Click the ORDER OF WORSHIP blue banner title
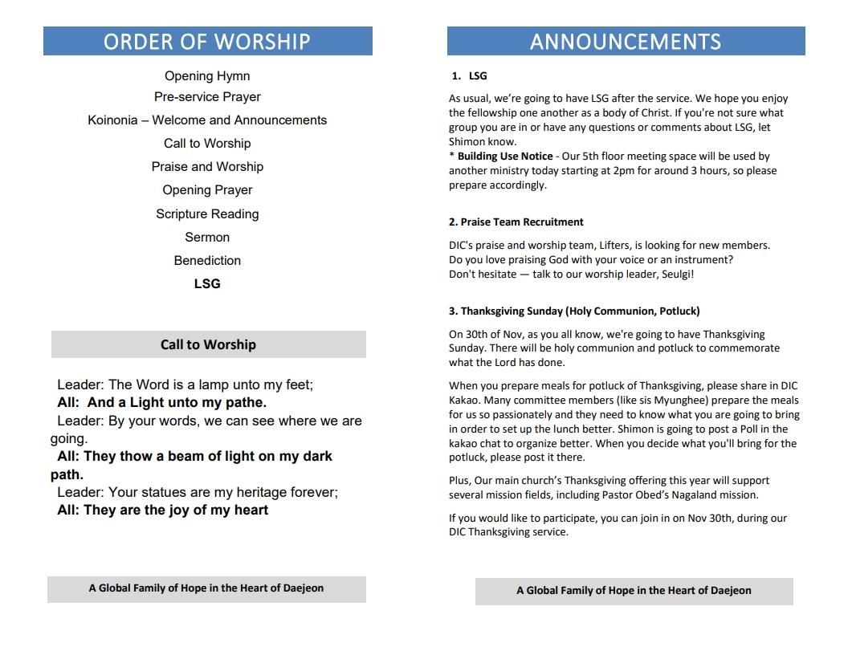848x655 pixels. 207,42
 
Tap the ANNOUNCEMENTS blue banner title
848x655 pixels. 626,42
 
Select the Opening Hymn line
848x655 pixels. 207,76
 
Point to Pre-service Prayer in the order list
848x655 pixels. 207,97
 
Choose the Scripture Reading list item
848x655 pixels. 207,214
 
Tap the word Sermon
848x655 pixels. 207,238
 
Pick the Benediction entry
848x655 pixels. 207,261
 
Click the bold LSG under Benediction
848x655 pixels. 207,284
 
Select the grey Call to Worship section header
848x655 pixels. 208,344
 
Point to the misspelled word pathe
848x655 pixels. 246,403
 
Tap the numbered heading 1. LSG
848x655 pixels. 469,76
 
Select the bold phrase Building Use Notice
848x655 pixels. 505,157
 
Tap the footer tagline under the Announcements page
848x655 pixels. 634,591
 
